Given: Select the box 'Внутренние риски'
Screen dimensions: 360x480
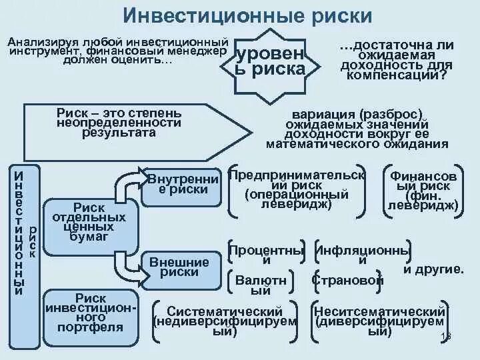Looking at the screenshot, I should [x=181, y=184].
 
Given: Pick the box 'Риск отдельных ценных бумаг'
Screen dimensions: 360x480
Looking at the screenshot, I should [x=89, y=222].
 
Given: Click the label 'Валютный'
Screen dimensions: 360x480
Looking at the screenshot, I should [x=261, y=285].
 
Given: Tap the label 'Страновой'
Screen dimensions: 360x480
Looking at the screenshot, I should [x=347, y=280].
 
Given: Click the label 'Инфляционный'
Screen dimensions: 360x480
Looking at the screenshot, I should [x=362, y=255].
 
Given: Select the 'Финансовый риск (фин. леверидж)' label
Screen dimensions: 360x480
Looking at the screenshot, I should [x=423, y=191].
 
